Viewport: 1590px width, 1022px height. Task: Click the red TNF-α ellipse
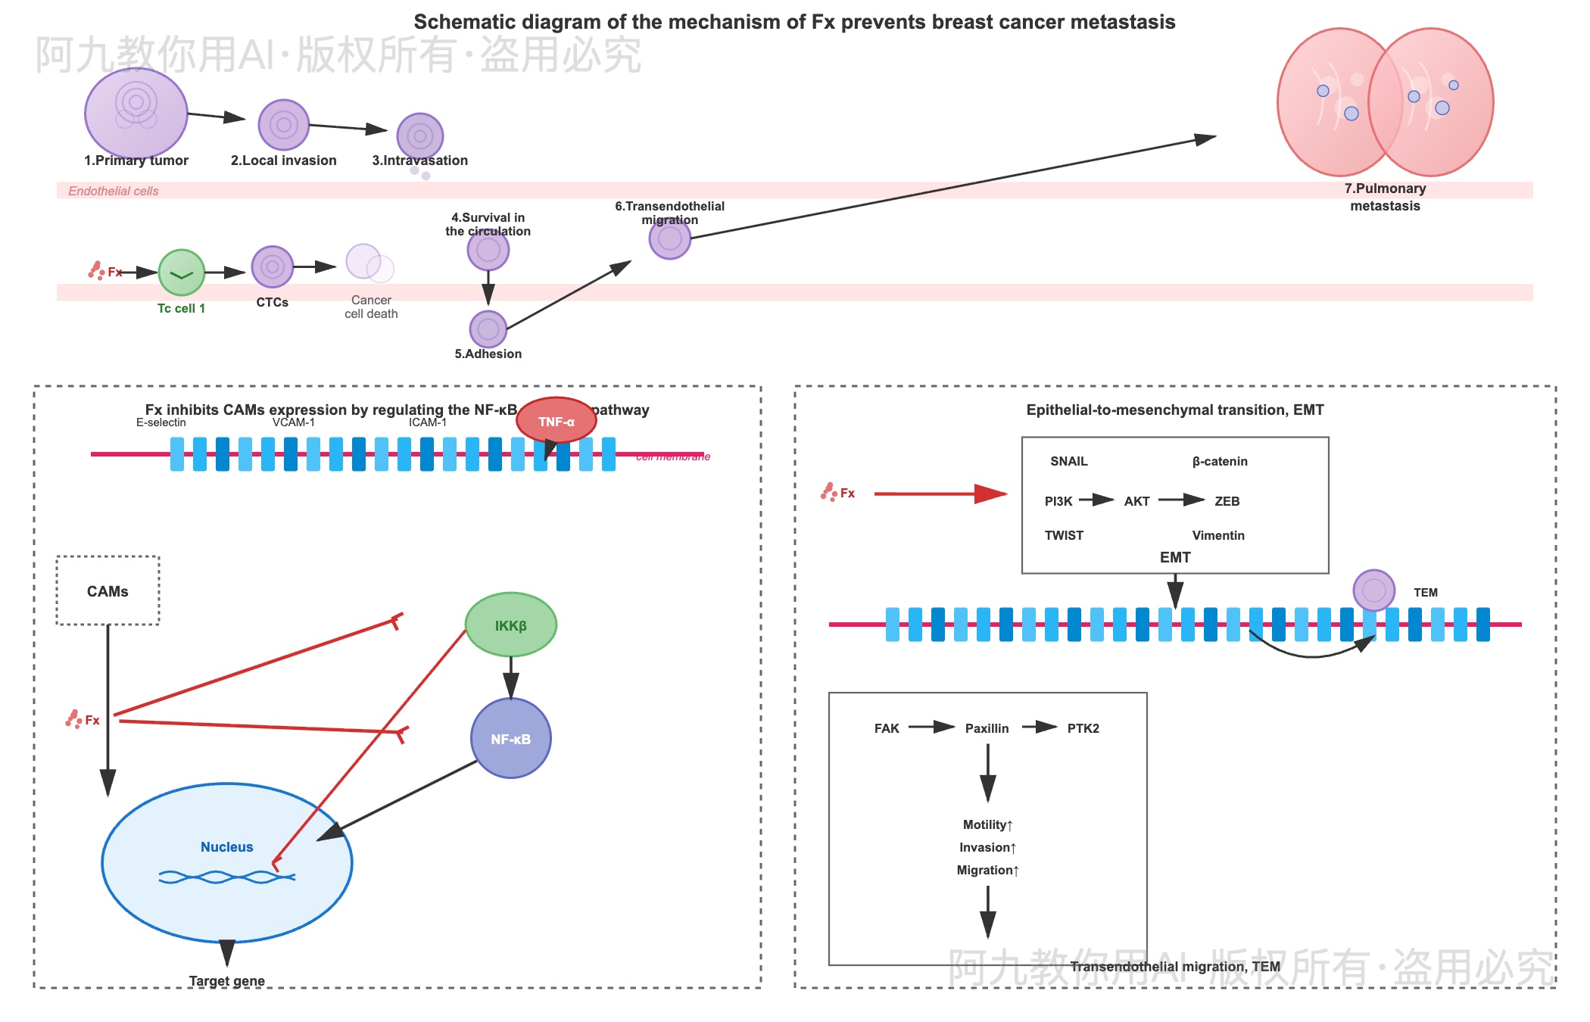pos(556,421)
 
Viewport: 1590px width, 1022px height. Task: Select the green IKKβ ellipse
pos(511,625)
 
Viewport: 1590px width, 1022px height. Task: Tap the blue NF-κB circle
pos(511,739)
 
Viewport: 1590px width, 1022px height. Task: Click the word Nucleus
pos(226,847)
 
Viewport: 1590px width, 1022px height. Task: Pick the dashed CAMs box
pos(108,591)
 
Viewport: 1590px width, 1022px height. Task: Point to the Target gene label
pos(226,981)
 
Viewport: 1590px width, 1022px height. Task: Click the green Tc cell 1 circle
pos(182,273)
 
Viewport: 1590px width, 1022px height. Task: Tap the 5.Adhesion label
pos(488,354)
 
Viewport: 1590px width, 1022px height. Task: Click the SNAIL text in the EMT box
pos(1068,461)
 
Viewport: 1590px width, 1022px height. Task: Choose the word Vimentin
pos(1218,535)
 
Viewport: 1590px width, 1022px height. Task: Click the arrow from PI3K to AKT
pos(1096,500)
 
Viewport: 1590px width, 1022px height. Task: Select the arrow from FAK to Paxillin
pos(931,728)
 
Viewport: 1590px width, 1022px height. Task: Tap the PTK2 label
pos(1083,728)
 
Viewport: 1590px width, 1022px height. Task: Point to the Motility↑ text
pos(987,824)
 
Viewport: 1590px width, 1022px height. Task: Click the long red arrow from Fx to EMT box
pos(939,494)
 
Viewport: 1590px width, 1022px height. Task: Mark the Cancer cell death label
pos(371,307)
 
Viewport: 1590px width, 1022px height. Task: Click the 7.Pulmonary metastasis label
pos(1385,197)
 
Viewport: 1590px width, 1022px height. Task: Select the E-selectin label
pos(161,422)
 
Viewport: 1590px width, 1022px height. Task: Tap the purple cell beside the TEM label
pos(1373,590)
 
